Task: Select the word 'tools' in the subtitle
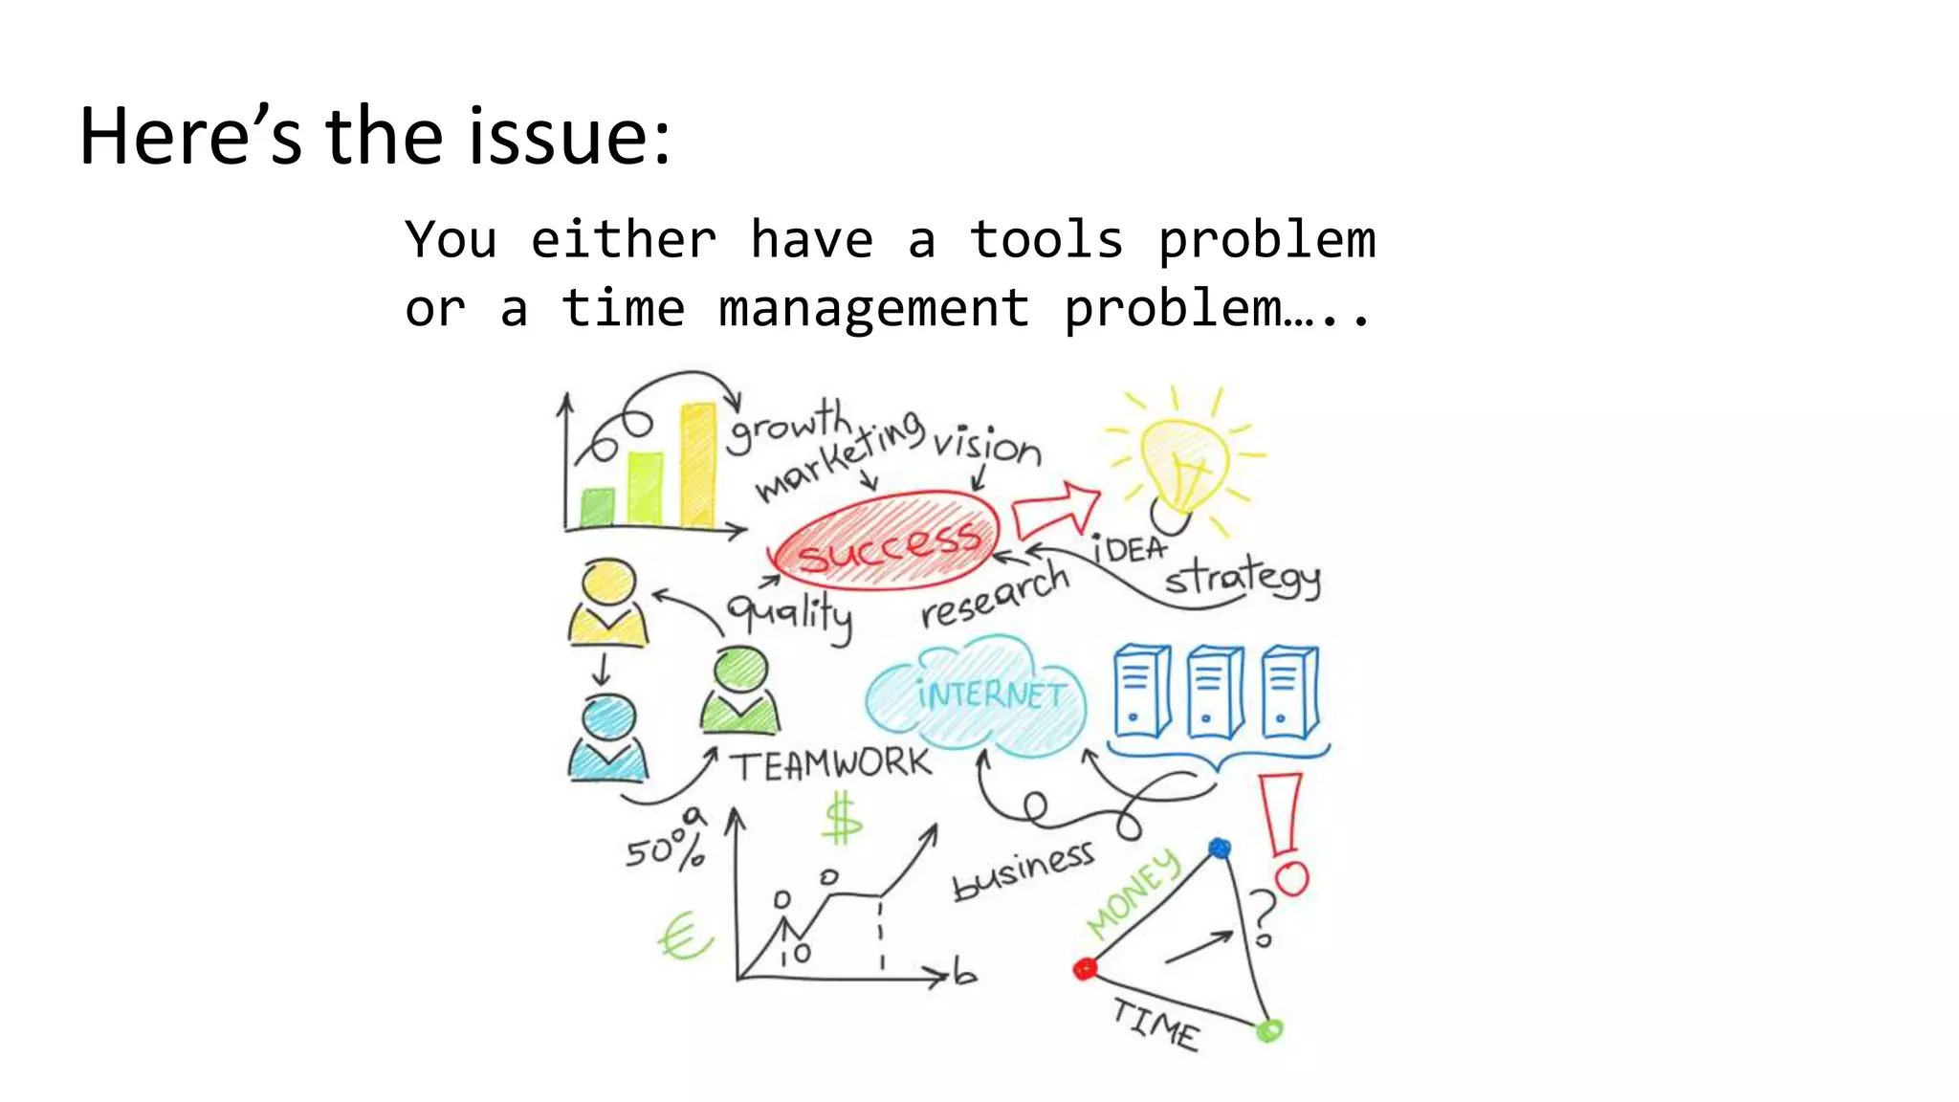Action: click(1046, 239)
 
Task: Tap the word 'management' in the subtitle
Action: click(873, 309)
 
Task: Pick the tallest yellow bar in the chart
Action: click(697, 466)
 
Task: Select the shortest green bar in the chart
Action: click(598, 507)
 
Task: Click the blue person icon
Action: click(608, 738)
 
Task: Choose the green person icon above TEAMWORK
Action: click(739, 691)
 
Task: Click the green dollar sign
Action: click(843, 820)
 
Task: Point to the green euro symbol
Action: click(683, 937)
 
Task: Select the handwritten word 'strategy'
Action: click(1242, 578)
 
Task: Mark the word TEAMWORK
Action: click(830, 764)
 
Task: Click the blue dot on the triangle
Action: click(1220, 849)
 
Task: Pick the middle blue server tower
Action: click(1215, 692)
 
